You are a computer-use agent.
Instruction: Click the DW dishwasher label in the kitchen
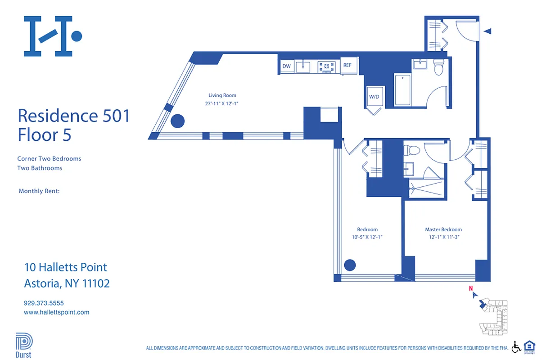(286, 67)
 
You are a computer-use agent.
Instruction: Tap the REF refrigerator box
(347, 65)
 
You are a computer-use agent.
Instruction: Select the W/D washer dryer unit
(375, 96)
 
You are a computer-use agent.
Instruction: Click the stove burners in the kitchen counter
(326, 67)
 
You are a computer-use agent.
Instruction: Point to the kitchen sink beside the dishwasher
(303, 67)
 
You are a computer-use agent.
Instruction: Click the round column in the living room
(178, 121)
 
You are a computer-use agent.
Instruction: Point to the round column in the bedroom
(350, 265)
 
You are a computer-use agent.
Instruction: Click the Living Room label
(222, 95)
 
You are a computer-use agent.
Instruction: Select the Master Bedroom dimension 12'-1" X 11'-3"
(443, 237)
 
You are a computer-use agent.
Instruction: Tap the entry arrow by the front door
(487, 31)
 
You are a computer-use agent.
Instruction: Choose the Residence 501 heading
(74, 116)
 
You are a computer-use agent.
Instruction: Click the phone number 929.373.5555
(44, 303)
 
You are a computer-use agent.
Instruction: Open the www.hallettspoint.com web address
(56, 312)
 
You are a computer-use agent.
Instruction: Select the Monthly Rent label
(39, 191)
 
